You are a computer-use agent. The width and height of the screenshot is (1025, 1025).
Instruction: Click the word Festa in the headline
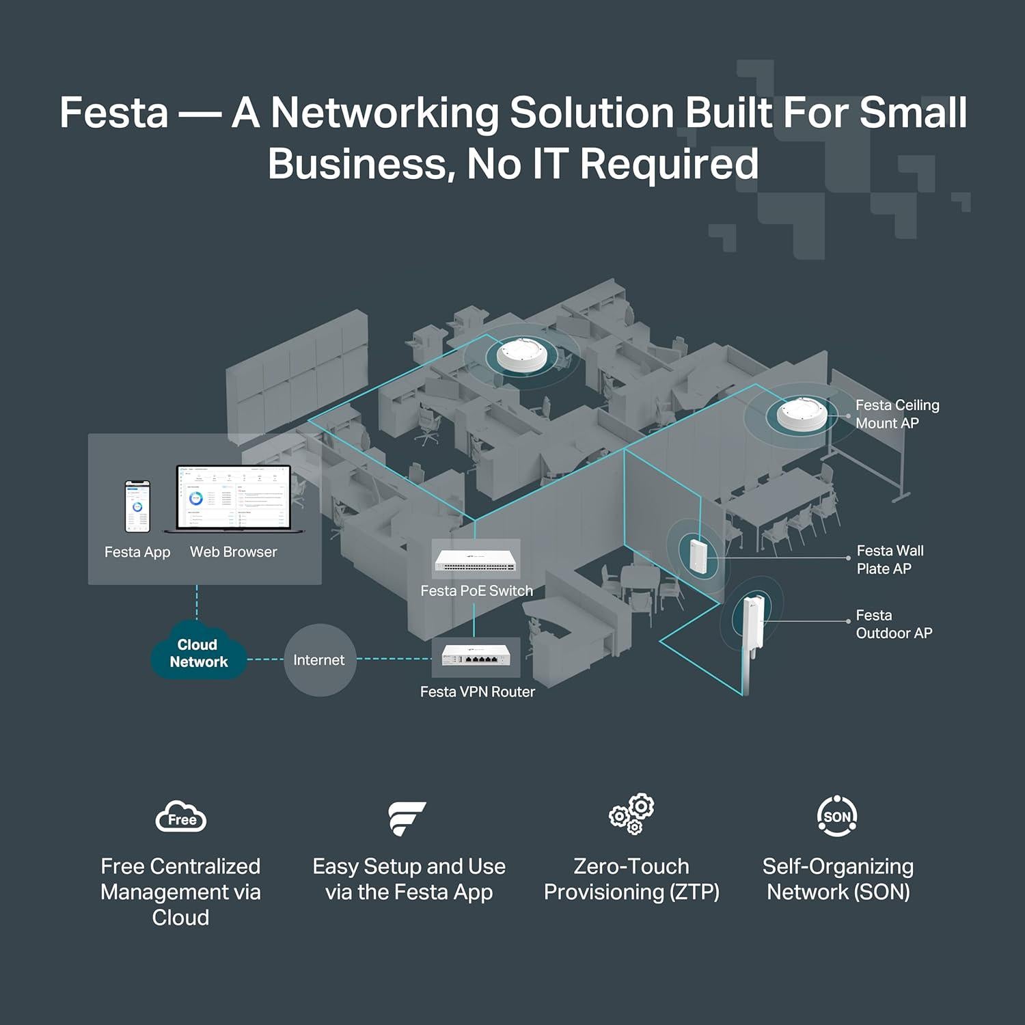[113, 113]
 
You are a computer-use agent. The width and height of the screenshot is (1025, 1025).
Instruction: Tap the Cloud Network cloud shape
[198, 653]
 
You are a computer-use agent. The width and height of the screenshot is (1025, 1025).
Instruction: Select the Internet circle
[319, 660]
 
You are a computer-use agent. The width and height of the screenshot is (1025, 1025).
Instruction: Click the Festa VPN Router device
[476, 657]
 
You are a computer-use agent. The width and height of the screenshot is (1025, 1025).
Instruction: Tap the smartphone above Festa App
[137, 506]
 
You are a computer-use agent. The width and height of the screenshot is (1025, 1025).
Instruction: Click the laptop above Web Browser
[234, 499]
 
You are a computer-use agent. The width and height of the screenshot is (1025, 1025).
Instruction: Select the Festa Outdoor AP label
[893, 625]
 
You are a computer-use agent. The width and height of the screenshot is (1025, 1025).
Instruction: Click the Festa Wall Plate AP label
[890, 560]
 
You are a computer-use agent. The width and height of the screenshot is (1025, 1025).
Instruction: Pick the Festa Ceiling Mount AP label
[897, 414]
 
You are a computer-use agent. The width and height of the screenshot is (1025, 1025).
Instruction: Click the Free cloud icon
[181, 817]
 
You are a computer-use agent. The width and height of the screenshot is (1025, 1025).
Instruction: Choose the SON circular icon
[837, 816]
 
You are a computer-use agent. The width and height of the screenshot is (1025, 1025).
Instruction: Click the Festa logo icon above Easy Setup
[407, 818]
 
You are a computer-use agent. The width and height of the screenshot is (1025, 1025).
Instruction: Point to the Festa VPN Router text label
[477, 692]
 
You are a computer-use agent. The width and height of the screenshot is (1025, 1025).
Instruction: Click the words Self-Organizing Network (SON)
[838, 879]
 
